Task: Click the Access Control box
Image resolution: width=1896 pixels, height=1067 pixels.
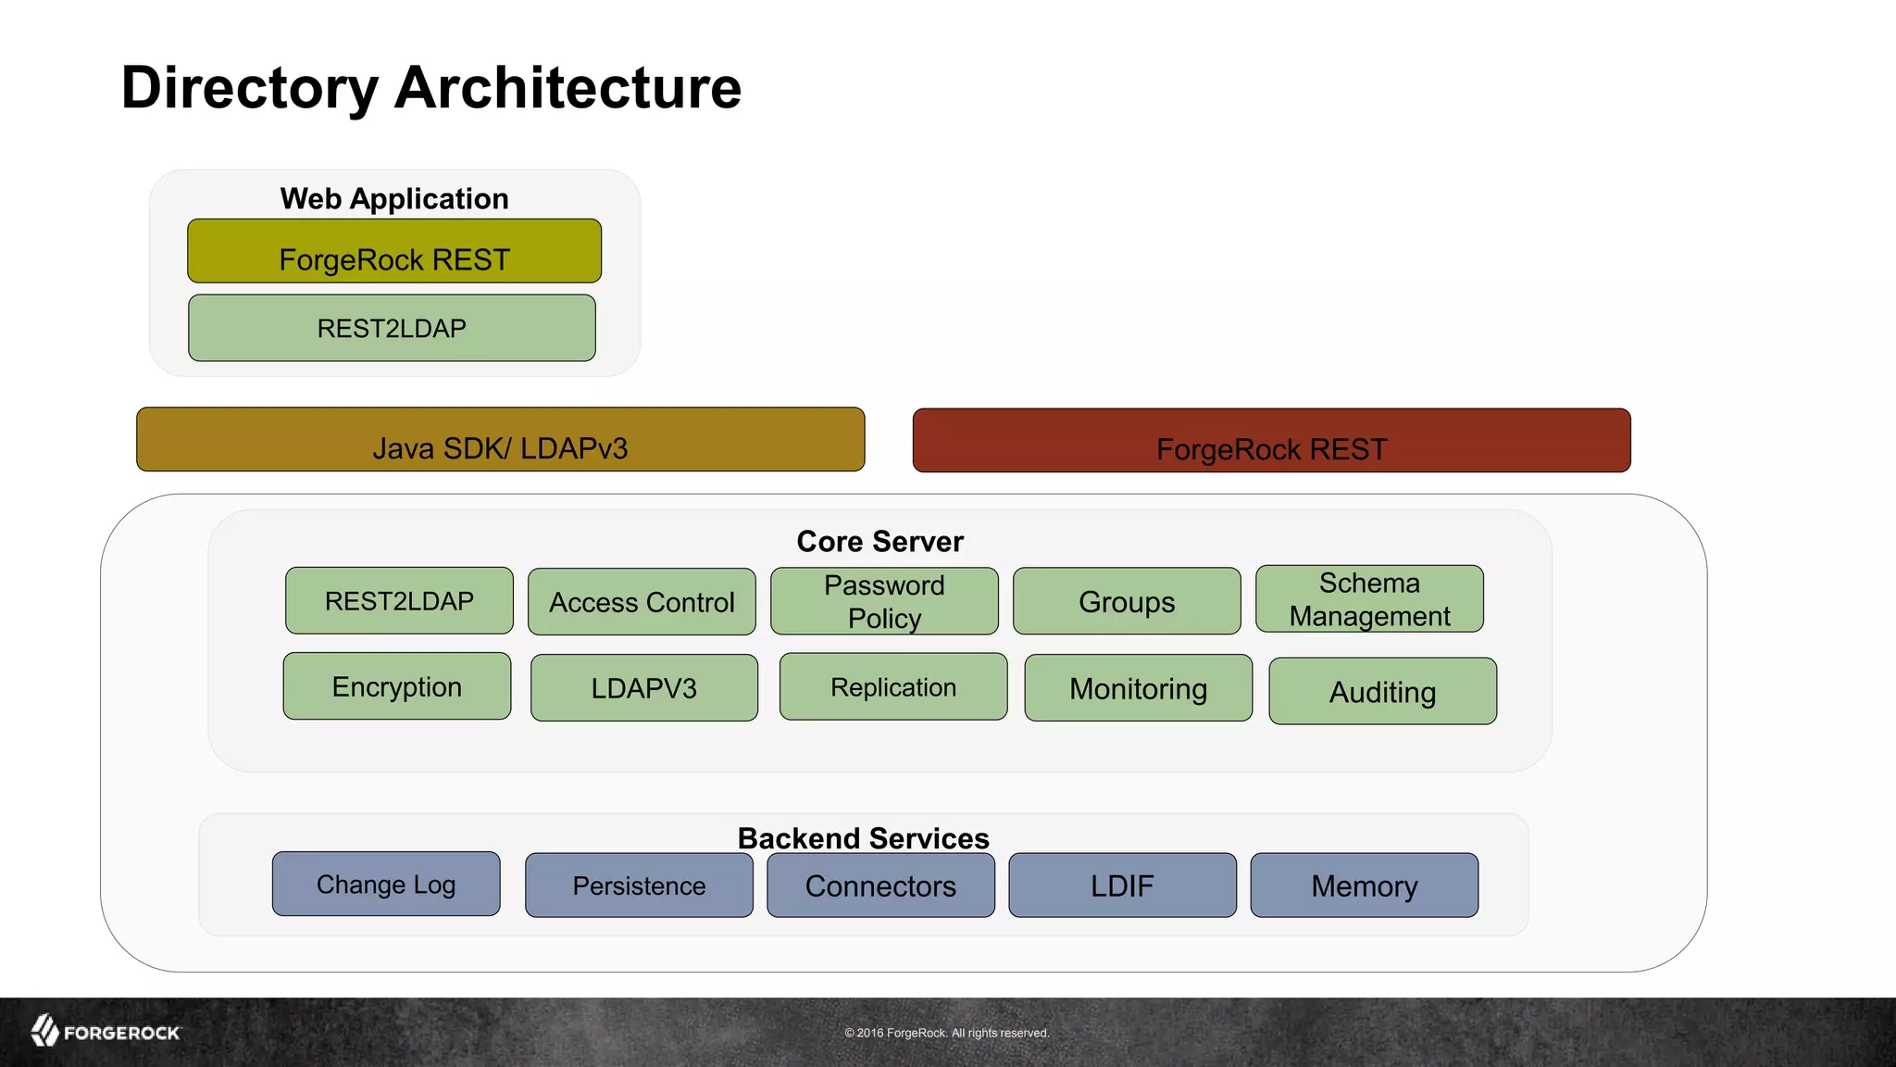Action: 642,602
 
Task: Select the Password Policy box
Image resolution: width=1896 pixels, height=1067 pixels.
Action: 884,602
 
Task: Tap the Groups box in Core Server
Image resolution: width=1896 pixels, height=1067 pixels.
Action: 1127,602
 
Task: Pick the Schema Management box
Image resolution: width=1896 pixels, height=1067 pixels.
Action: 1369,599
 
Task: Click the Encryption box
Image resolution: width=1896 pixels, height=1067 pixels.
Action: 397,686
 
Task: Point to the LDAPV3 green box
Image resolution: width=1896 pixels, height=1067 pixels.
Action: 644,688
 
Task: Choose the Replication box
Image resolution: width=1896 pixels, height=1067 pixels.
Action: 893,687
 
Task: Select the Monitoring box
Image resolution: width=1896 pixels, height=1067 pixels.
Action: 1139,688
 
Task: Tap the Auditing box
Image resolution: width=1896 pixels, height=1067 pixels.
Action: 1382,692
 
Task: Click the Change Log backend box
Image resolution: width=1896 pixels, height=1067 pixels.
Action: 386,885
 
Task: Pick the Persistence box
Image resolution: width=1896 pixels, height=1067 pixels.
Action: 639,885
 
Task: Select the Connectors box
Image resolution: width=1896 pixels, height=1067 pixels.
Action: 880,885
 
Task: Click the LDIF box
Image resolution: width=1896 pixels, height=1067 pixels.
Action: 1122,885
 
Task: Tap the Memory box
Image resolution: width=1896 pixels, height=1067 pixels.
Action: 1365,885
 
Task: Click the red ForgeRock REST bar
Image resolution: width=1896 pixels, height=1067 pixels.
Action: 1271,441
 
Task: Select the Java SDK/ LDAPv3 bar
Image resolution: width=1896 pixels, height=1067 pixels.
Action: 500,440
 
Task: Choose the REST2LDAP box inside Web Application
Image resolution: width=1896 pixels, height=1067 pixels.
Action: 392,328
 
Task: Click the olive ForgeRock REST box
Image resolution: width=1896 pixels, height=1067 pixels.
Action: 394,251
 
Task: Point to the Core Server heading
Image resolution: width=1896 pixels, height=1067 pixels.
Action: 879,541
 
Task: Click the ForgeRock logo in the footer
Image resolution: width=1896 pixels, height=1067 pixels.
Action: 106,1031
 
